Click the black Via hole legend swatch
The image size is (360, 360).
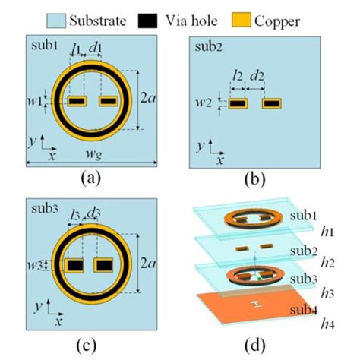tap(147, 21)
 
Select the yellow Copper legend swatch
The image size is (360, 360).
tap(242, 20)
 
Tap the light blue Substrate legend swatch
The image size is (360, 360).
tap(56, 21)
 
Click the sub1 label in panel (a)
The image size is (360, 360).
tap(45, 46)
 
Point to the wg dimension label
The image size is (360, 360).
tap(94, 154)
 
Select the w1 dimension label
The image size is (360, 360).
tap(35, 101)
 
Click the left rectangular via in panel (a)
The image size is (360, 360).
tap(77, 101)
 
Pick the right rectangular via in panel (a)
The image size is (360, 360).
tap(109, 101)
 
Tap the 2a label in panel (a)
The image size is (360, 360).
tap(148, 98)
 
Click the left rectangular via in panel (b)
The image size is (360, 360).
tap(238, 103)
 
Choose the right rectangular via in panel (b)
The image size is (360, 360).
tap(272, 103)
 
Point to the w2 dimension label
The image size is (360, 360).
tap(204, 103)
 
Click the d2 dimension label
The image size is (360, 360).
tap(257, 76)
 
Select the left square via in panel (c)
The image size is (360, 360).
tap(74, 265)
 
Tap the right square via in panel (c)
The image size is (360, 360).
tap(103, 265)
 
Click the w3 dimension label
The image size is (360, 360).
tap(35, 265)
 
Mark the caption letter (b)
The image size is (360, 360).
tap(255, 179)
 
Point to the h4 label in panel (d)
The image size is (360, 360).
tap(327, 324)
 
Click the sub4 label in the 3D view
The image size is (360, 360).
tap(304, 310)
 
